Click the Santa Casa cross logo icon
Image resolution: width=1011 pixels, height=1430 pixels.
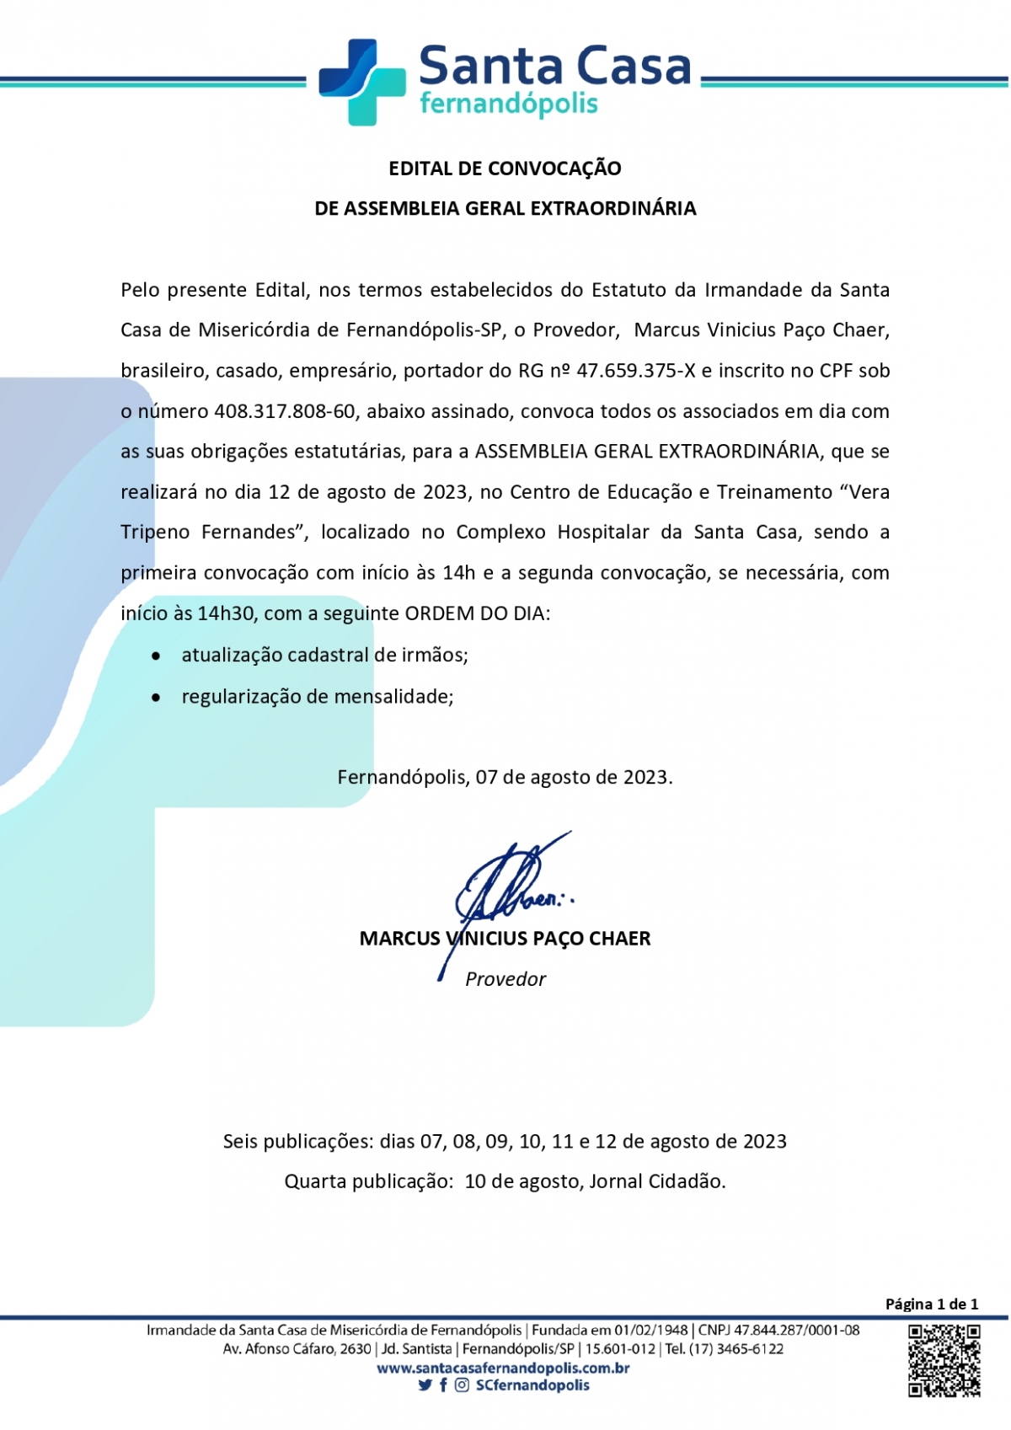(x=361, y=82)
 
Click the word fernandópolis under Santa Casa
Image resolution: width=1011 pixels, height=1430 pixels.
(x=508, y=104)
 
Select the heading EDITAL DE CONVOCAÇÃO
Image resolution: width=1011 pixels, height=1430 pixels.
(x=505, y=169)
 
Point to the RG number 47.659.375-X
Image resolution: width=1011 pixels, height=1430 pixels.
(x=636, y=371)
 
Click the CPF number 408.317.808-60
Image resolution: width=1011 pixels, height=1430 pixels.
(x=285, y=411)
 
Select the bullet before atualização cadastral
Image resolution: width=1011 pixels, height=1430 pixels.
(x=156, y=656)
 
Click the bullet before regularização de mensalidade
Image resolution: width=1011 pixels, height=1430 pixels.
(x=156, y=697)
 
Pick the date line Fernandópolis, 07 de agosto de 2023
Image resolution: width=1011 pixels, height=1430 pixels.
(x=505, y=777)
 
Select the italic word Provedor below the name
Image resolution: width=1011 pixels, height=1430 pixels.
(x=505, y=979)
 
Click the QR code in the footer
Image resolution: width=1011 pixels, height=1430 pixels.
(x=944, y=1360)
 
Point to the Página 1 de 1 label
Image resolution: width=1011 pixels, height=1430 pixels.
(x=931, y=1304)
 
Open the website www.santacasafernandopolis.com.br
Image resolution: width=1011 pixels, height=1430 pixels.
(x=504, y=1368)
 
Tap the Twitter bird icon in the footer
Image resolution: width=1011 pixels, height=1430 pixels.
(x=425, y=1385)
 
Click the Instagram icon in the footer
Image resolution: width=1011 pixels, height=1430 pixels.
(x=462, y=1385)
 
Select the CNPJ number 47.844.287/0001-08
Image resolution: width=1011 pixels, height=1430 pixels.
(x=796, y=1331)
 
